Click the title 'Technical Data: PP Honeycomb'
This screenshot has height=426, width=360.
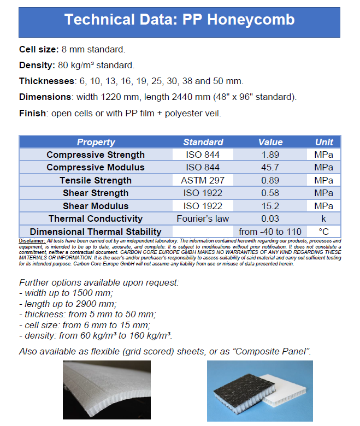179,20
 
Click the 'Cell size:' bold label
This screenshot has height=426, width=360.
39,49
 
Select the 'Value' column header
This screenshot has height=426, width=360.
270,142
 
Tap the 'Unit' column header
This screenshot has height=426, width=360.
324,142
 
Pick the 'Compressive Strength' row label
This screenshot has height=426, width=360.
96,155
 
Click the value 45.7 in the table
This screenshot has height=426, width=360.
270,167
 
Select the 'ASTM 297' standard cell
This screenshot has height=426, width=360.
203,180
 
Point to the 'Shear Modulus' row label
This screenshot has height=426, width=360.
96,206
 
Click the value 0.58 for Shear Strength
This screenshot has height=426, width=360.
270,193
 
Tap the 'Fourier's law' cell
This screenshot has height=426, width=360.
203,218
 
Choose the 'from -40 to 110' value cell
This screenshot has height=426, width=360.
270,232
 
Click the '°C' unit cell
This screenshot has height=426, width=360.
324,232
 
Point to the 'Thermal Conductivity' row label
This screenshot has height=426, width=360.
96,218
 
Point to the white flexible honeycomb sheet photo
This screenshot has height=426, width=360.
107,390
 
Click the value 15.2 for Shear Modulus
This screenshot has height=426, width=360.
270,206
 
